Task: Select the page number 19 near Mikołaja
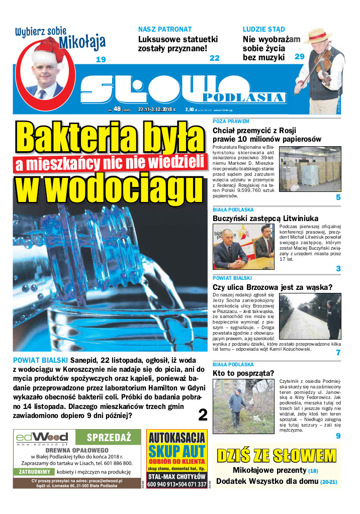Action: (x=101, y=60)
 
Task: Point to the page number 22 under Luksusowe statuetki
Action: (x=215, y=58)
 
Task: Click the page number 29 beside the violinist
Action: (x=300, y=57)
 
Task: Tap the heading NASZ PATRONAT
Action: (x=165, y=30)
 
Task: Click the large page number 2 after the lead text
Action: (x=203, y=415)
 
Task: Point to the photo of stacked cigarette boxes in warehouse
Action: (x=310, y=168)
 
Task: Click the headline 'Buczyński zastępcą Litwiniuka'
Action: (x=265, y=219)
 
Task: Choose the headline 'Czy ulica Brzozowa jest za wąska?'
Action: (x=273, y=287)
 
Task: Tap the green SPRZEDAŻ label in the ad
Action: (x=109, y=437)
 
